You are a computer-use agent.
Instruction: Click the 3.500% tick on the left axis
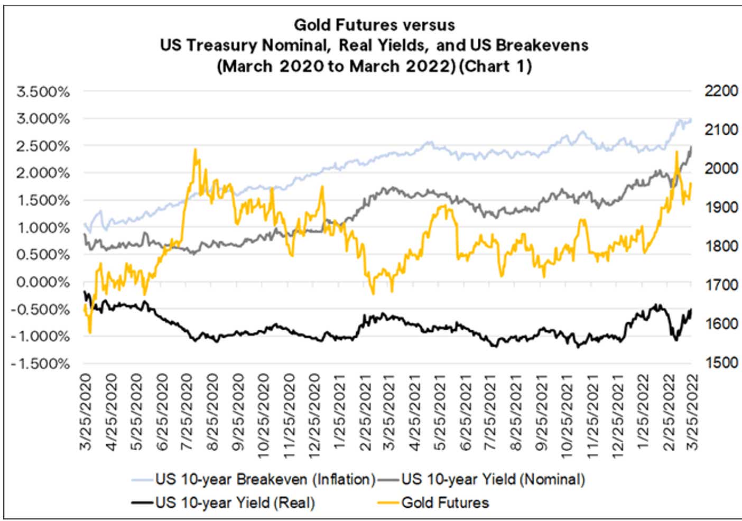pyautogui.click(x=43, y=91)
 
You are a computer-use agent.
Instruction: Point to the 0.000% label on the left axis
pyautogui.click(x=43, y=282)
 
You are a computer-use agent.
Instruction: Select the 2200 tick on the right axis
pyautogui.click(x=721, y=91)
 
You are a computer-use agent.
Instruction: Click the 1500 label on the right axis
pyautogui.click(x=721, y=362)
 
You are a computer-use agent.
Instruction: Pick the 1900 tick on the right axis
pyautogui.click(x=721, y=207)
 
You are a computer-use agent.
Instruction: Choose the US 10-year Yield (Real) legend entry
pyautogui.click(x=235, y=503)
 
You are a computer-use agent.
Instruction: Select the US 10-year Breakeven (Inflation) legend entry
pyautogui.click(x=265, y=479)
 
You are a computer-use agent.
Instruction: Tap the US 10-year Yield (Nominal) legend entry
pyautogui.click(x=493, y=479)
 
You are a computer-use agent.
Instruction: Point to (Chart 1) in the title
pyautogui.click(x=495, y=66)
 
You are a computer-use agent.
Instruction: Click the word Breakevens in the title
pyautogui.click(x=542, y=45)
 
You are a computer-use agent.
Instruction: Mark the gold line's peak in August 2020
pyautogui.click(x=195, y=149)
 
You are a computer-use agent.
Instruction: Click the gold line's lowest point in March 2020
pyautogui.click(x=90, y=332)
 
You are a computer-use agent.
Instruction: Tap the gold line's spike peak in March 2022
pyautogui.click(x=676, y=152)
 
